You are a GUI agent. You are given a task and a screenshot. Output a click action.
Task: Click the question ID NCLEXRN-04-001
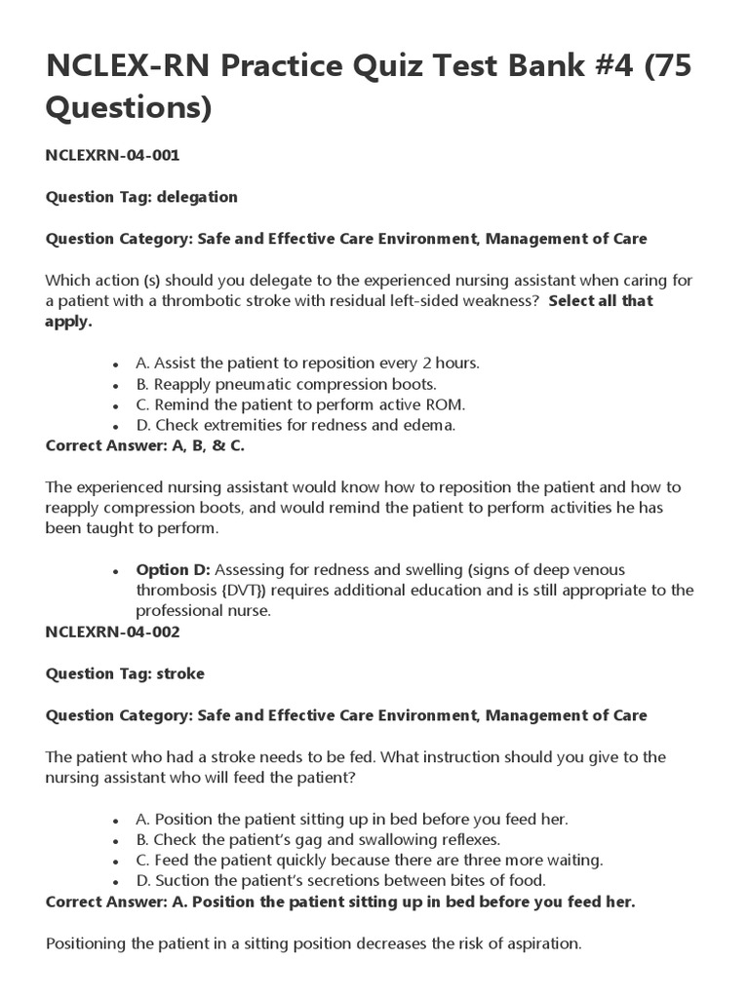tap(112, 155)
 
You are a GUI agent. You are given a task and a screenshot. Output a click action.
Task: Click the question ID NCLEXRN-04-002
tap(112, 632)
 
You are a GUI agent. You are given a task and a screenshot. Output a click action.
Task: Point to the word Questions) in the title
tap(129, 109)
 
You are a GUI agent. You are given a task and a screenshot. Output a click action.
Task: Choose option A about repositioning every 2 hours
tap(307, 363)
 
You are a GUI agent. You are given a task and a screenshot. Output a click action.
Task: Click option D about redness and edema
tap(296, 425)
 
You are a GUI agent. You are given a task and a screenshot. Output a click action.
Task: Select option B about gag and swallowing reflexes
tap(318, 839)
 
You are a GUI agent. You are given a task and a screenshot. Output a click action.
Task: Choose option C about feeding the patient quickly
tap(370, 860)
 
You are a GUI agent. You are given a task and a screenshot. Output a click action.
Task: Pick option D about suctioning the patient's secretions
tap(340, 881)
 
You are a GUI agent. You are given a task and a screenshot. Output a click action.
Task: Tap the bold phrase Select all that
tap(600, 301)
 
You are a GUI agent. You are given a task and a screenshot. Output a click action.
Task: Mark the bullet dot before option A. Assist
tap(116, 364)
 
